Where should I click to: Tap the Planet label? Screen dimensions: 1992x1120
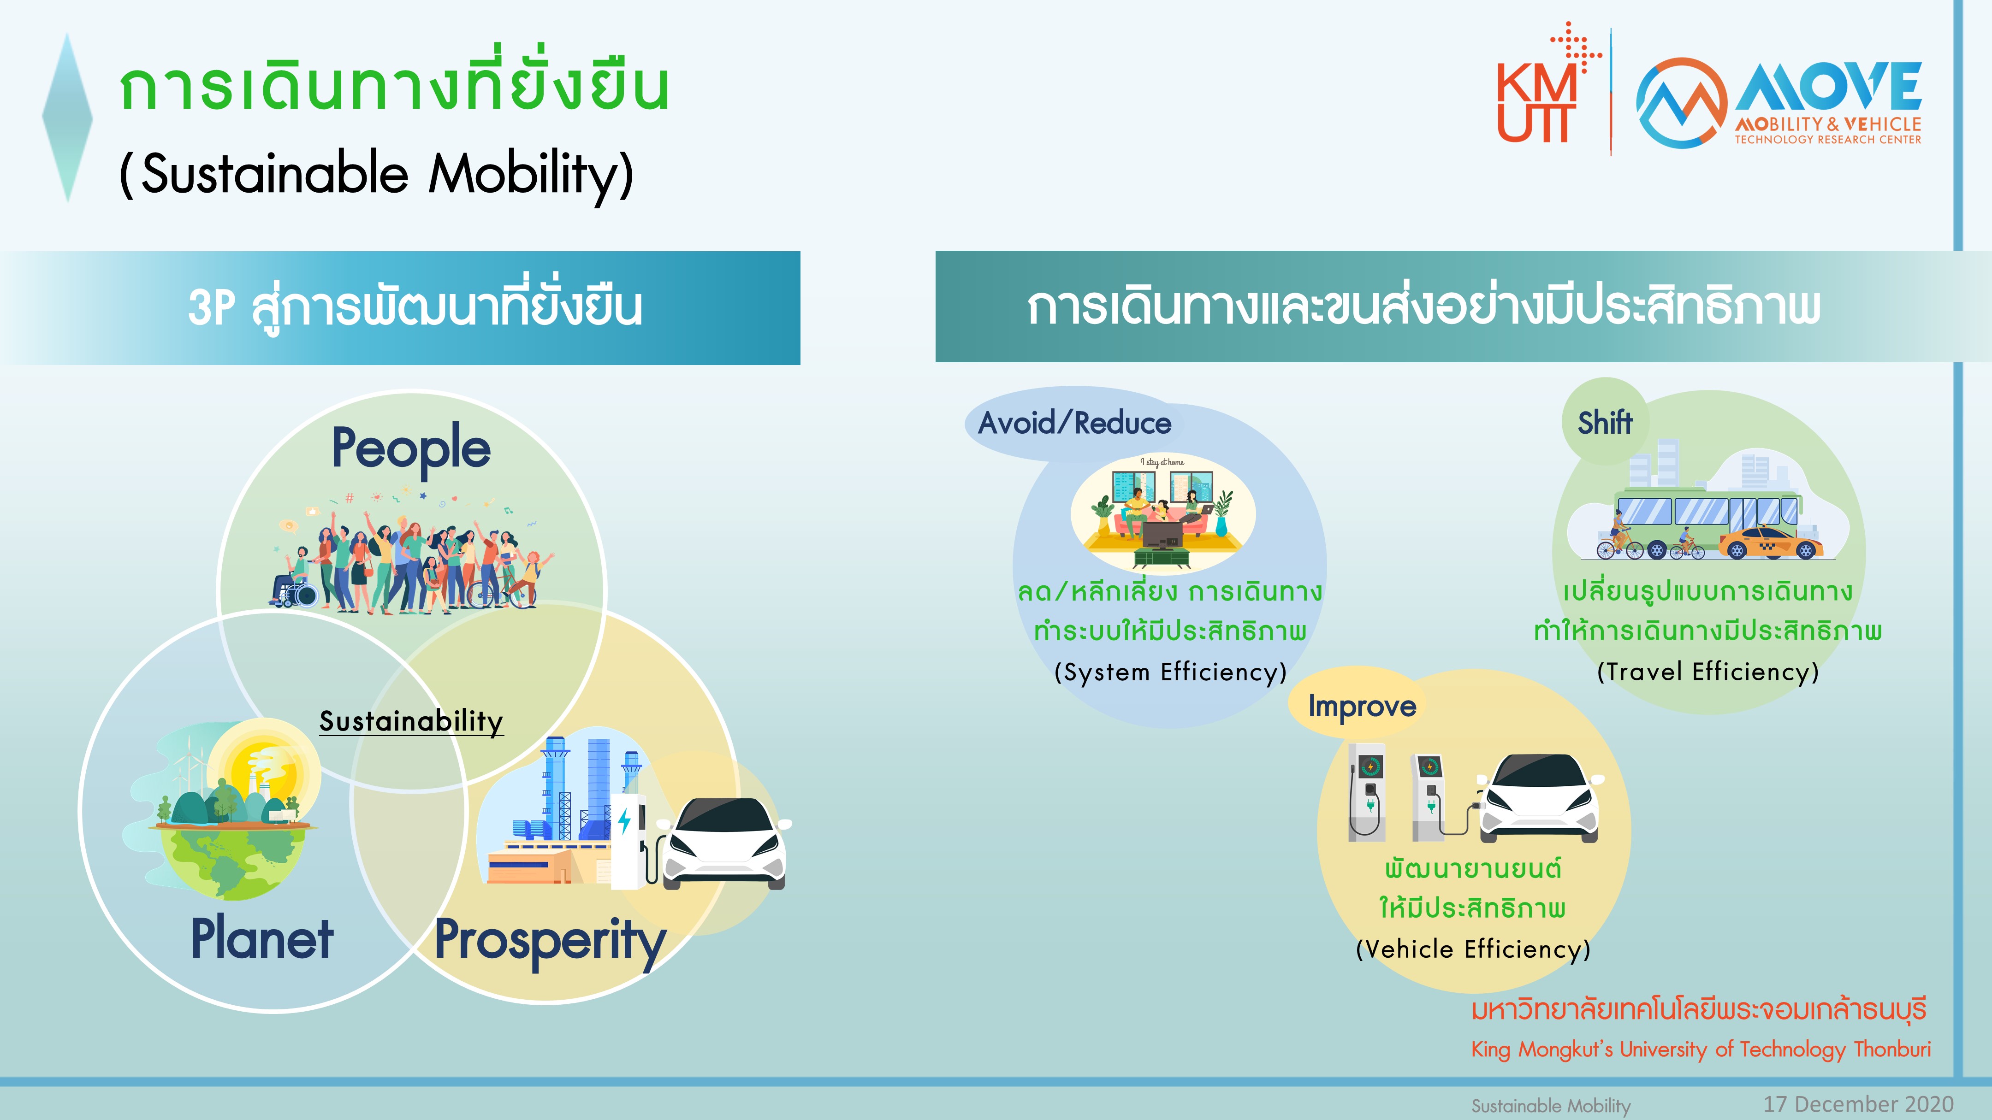[x=262, y=939]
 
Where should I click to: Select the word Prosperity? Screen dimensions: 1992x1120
[x=550, y=941]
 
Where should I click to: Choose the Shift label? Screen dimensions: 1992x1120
[x=1605, y=423]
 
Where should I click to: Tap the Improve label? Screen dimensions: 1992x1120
[x=1362, y=706]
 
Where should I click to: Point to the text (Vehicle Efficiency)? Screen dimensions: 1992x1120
[x=1473, y=949]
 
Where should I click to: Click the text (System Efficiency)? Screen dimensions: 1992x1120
[x=1170, y=672]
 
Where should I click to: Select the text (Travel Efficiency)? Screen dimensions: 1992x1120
[x=1707, y=672]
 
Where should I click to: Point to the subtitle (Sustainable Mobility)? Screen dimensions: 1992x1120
[x=377, y=173]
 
